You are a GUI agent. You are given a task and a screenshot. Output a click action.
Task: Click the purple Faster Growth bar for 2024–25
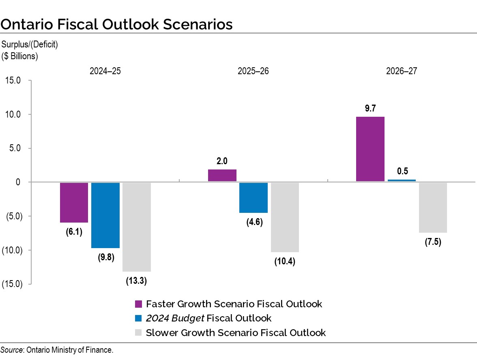74,202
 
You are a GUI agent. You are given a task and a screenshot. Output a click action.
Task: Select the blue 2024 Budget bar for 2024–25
105,215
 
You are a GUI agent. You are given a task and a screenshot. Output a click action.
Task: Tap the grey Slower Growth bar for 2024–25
136,227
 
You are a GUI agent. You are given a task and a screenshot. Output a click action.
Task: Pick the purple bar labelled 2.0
222,176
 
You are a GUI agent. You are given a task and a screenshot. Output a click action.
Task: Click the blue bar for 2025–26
253,197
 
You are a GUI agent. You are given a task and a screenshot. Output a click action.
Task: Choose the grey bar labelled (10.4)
285,217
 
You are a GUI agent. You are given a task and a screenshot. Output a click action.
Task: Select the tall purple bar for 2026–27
370,149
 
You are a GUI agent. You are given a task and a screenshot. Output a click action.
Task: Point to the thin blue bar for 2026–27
402,180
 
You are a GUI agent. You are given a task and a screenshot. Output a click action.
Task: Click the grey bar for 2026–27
433,207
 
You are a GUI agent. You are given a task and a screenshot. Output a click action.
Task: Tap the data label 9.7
370,108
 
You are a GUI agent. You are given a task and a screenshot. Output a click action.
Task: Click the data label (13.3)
136,281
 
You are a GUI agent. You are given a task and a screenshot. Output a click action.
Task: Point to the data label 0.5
402,171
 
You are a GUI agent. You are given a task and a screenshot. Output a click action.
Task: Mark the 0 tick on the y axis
18,182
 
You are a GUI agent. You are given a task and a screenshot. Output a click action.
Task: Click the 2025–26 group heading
253,71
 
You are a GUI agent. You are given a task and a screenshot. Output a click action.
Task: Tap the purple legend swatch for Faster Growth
138,304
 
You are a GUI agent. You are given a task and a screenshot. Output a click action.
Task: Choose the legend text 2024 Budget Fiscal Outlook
208,318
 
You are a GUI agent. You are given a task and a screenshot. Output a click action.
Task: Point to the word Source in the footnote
12,350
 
